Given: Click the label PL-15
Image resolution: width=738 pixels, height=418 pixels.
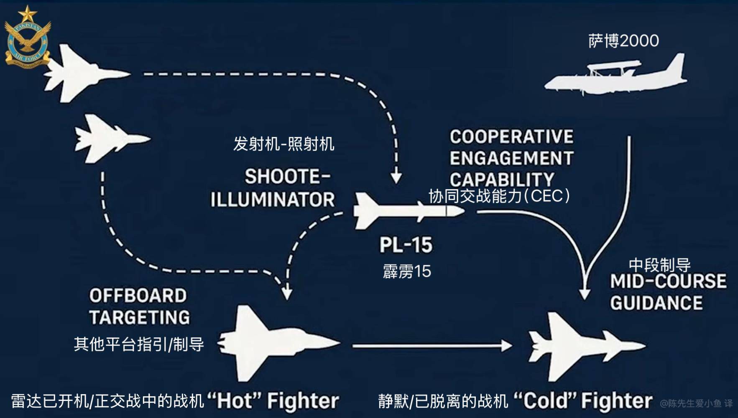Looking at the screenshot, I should pyautogui.click(x=406, y=245).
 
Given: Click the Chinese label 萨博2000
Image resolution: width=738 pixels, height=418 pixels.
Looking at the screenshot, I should pyautogui.click(x=623, y=41).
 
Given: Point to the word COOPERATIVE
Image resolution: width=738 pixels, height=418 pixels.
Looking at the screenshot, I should pyautogui.click(x=511, y=137).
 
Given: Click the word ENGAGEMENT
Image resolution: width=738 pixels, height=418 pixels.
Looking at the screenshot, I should pyautogui.click(x=511, y=158).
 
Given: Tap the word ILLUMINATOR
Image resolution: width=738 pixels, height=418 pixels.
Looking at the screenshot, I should pyautogui.click(x=272, y=199).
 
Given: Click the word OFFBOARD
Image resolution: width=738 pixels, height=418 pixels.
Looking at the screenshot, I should pyautogui.click(x=138, y=296).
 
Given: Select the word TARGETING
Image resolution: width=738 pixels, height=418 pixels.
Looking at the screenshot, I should pyautogui.click(x=139, y=317).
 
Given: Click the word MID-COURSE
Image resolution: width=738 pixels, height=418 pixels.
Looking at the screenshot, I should pyautogui.click(x=668, y=281).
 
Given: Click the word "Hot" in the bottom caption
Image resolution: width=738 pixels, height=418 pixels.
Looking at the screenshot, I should pyautogui.click(x=234, y=401).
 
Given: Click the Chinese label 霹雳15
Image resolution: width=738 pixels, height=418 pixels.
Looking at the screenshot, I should pyautogui.click(x=406, y=271).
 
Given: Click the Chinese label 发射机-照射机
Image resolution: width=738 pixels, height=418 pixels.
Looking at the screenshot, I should pyautogui.click(x=283, y=144).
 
